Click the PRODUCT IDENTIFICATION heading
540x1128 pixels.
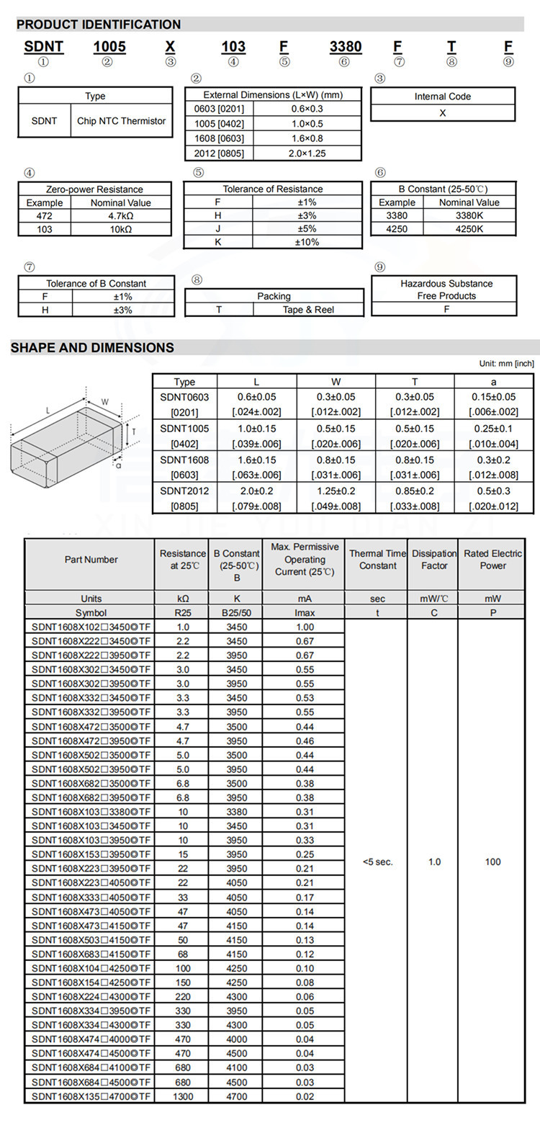coord(99,24)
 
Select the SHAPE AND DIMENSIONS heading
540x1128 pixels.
coord(92,348)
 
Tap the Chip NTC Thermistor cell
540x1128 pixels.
coord(121,121)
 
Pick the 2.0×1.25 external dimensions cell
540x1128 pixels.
coord(307,153)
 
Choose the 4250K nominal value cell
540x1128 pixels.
coord(469,229)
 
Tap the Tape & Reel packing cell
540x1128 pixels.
coord(308,310)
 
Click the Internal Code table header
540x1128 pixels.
coord(443,97)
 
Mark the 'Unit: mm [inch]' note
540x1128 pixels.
coord(506,364)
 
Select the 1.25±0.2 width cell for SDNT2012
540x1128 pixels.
coord(336,491)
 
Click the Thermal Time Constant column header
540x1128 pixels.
coord(377,560)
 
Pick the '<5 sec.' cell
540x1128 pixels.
coord(377,861)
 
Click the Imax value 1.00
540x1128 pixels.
coord(305,627)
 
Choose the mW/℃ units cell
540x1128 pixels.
coord(433,599)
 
